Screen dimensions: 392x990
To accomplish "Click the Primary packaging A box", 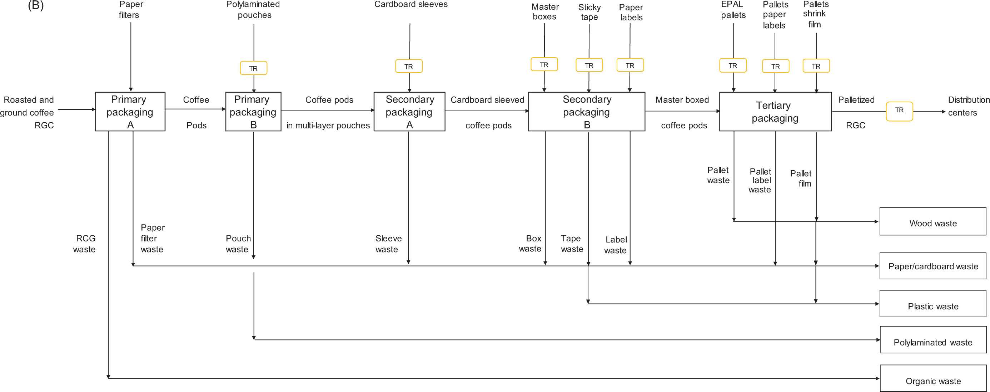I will point(130,112).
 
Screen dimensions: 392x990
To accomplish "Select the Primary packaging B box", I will point(253,112).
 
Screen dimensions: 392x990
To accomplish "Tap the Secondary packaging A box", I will point(409,112).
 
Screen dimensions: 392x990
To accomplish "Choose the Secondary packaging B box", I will point(587,112).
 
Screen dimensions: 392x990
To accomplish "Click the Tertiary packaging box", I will point(775,112).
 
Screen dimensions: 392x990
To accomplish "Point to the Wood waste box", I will point(933,222).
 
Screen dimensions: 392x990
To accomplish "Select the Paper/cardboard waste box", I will point(933,266).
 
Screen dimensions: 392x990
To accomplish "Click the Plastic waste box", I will point(933,304).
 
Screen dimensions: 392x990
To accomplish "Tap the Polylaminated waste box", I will point(933,340).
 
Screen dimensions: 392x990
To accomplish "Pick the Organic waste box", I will point(933,378).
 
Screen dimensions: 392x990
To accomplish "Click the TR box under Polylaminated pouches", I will point(253,68).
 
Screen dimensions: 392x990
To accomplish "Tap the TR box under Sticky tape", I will point(589,65).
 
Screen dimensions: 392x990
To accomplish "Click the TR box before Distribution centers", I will point(899,111).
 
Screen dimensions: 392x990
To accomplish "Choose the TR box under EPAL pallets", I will point(733,66).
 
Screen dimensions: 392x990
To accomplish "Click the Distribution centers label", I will point(968,106).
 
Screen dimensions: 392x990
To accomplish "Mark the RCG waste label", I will point(85,244).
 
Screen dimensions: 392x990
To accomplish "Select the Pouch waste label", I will point(238,244).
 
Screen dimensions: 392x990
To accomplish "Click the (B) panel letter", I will point(36,5).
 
